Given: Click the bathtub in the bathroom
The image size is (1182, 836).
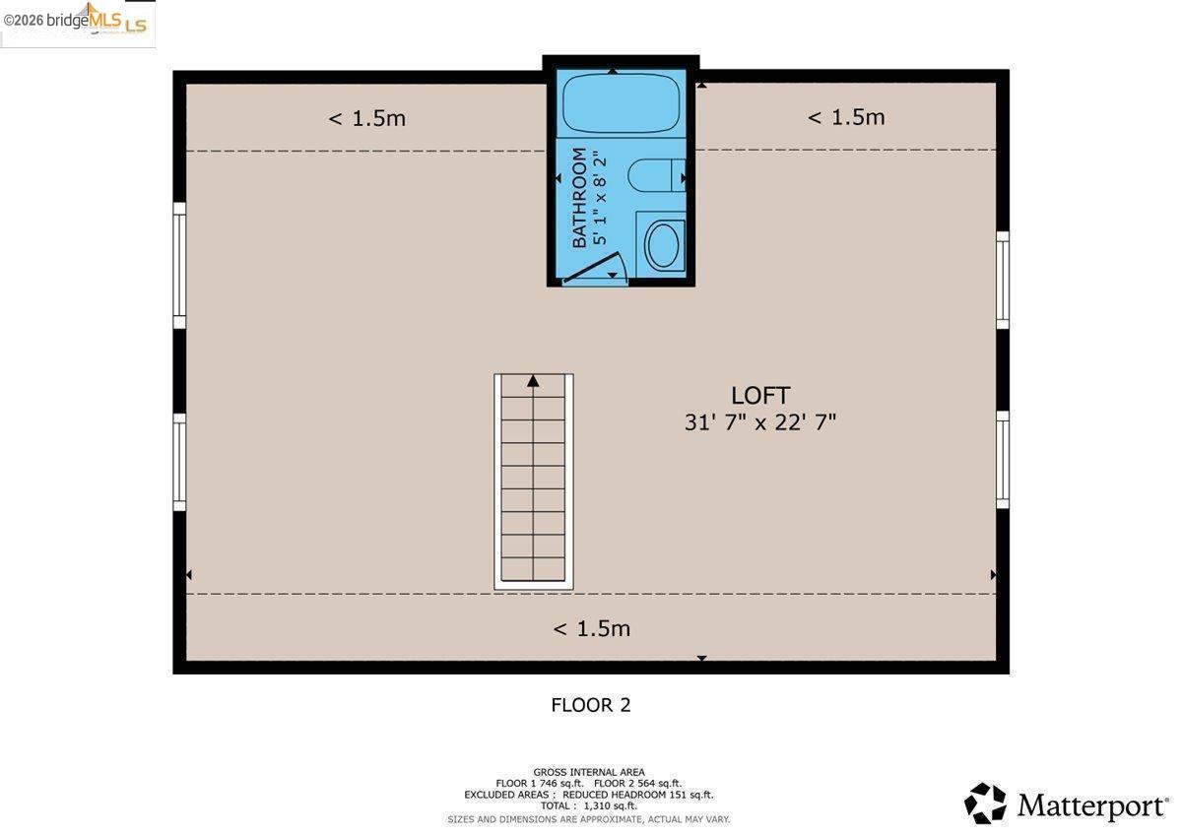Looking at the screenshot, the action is pyautogui.click(x=622, y=102).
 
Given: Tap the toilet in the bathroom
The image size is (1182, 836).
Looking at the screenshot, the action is pyautogui.click(x=656, y=175).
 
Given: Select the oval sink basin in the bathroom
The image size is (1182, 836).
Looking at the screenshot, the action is pyautogui.click(x=662, y=245).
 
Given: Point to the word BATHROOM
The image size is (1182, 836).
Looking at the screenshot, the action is pyautogui.click(x=579, y=197).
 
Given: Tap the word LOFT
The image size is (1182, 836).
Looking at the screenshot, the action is pyautogui.click(x=759, y=396).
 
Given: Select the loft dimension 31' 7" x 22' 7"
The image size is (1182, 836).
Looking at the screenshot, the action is pyautogui.click(x=759, y=422).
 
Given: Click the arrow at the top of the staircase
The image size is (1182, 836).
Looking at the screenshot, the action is pyautogui.click(x=533, y=381).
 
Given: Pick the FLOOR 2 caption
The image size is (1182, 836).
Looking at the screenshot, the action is pyautogui.click(x=590, y=705).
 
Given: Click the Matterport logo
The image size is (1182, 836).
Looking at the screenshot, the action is pyautogui.click(x=1066, y=804).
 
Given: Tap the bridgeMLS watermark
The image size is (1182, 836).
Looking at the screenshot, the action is pyautogui.click(x=75, y=21).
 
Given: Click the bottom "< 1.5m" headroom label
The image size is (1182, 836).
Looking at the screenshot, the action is pyautogui.click(x=592, y=628).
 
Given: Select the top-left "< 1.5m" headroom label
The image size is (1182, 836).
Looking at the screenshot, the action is pyautogui.click(x=366, y=118).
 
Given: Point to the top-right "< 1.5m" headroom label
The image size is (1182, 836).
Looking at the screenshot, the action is pyautogui.click(x=846, y=117).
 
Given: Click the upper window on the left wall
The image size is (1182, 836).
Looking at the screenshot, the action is pyautogui.click(x=179, y=265).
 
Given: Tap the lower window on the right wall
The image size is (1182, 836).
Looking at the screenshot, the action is pyautogui.click(x=1003, y=460).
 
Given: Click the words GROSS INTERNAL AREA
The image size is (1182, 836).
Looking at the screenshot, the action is pyautogui.click(x=589, y=772).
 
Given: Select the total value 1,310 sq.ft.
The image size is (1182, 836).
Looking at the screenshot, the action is pyautogui.click(x=610, y=805).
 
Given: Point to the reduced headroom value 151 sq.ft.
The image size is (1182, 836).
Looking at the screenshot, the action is pyautogui.click(x=691, y=795).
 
